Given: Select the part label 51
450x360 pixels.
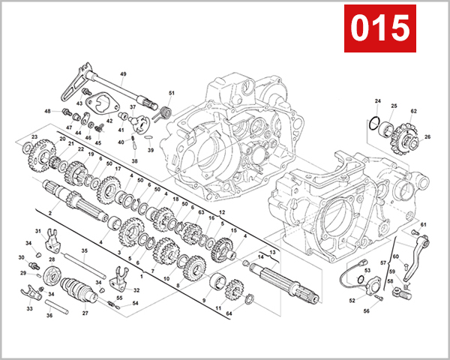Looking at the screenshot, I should [x=171, y=93].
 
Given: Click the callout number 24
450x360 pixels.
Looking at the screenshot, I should [x=377, y=101].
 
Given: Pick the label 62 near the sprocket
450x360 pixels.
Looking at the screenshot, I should [x=413, y=112].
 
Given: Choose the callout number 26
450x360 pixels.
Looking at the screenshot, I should [x=427, y=136].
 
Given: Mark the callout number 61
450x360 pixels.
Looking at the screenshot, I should [x=423, y=225].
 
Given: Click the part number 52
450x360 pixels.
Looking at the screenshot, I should [x=352, y=301].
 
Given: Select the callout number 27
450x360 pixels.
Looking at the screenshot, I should [x=85, y=313].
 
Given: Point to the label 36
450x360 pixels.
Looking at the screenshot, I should [x=49, y=316].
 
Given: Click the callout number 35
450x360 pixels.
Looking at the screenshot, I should [x=84, y=250].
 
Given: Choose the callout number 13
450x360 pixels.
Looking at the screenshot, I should [x=272, y=250].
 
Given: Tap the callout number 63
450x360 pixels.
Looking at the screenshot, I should [x=201, y=213].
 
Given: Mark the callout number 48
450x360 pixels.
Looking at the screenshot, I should [x=46, y=112].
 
